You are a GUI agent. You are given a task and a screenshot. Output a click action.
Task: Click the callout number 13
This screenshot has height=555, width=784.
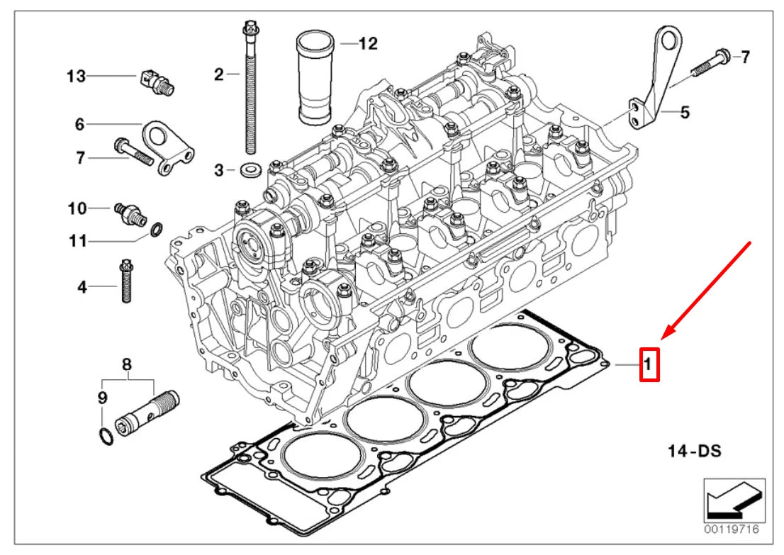tap(76, 76)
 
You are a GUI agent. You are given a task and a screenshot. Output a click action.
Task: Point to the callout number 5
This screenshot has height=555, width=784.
tap(684, 111)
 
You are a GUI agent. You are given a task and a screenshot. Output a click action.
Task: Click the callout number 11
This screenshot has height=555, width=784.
tap(78, 241)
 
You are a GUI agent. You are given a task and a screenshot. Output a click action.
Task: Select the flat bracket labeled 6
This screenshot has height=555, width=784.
tap(167, 145)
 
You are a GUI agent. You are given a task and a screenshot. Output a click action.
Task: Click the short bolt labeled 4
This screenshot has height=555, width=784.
tap(128, 281)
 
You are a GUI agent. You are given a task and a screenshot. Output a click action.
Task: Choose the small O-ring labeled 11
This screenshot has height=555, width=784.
tap(157, 228)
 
